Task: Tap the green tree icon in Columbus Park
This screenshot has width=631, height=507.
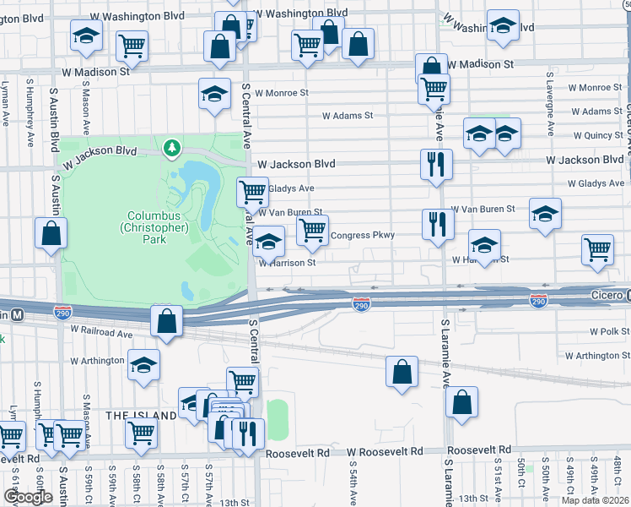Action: (173, 150)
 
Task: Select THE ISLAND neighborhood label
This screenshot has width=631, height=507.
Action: (140, 416)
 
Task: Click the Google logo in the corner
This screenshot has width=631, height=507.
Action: (28, 497)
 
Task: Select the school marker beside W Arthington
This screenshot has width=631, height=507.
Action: (145, 365)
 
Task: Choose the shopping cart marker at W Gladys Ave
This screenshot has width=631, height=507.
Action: (252, 193)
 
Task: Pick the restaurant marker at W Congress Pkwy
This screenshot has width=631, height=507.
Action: (437, 224)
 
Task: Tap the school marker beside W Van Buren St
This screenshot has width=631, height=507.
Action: (545, 214)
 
